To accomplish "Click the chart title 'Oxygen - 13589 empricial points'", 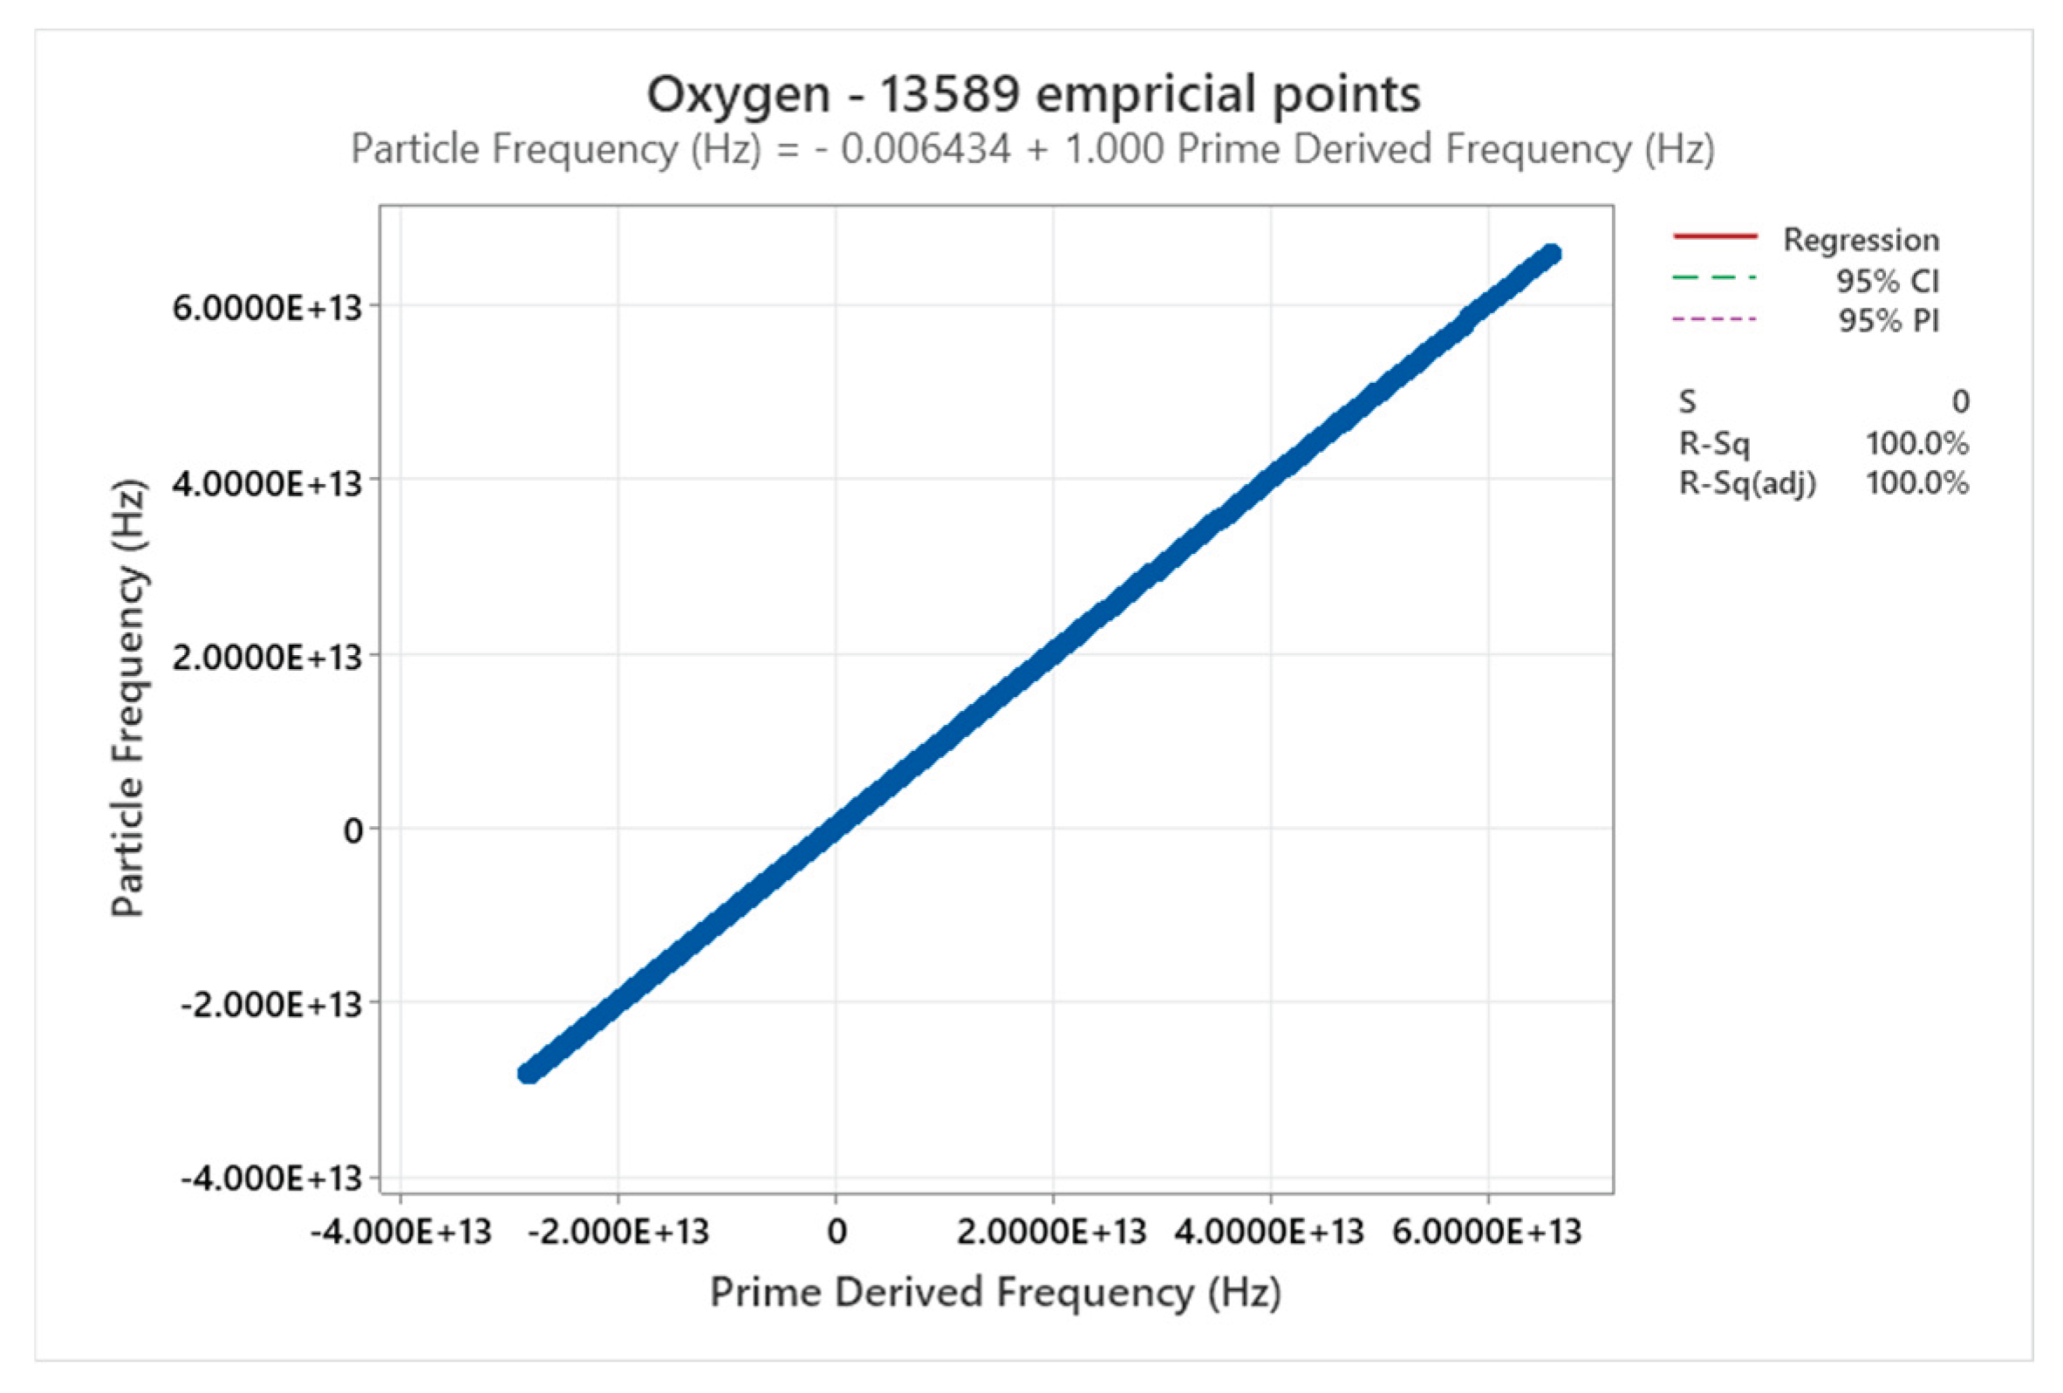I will coord(1033,94).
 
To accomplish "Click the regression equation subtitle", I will coord(1033,149).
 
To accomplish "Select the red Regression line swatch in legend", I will coord(1714,236).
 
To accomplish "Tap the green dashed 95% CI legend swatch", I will coord(1714,278).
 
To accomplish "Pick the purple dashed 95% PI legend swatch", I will coord(1714,318).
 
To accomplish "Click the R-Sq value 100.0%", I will coord(1916,443).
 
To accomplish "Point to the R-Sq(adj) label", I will coord(1747,483).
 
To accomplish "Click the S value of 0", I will coord(1960,402).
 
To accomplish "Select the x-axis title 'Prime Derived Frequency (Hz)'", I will coord(995,1292).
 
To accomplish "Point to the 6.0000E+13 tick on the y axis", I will coord(267,307).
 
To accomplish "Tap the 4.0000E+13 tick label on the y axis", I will coord(267,484).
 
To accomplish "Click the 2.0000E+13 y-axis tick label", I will coord(267,658).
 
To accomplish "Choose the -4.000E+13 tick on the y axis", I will coord(271,1179).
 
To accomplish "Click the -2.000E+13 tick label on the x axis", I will coord(618,1233).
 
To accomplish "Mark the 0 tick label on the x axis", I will coord(837,1233).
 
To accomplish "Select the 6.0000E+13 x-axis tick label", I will coord(1487,1233).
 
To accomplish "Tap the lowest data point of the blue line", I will coord(528,1073).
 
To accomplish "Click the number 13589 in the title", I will coord(949,94).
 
